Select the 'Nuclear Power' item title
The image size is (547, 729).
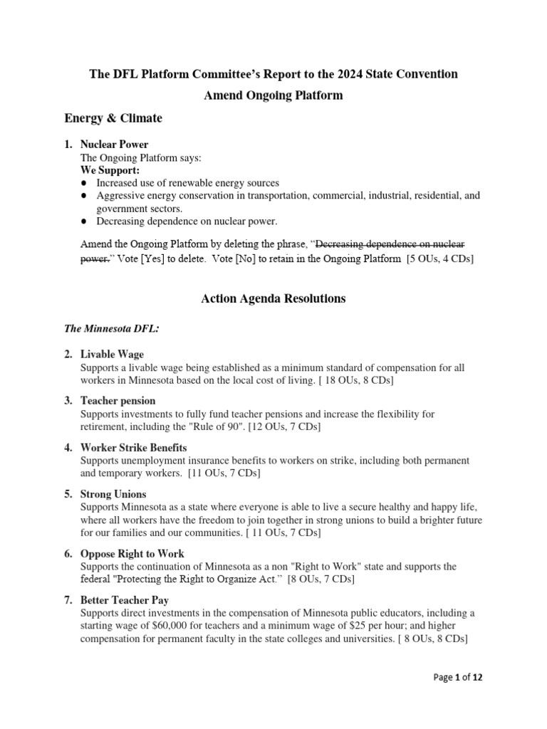click(114, 145)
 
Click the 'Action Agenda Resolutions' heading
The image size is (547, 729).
click(273, 299)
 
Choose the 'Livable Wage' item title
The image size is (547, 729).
click(112, 355)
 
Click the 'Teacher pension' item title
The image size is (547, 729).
click(118, 401)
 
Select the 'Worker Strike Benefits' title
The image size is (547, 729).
click(134, 448)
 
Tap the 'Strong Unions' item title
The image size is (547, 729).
click(113, 494)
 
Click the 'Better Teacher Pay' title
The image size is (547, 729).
click(126, 600)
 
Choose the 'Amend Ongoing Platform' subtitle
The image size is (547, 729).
click(273, 95)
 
